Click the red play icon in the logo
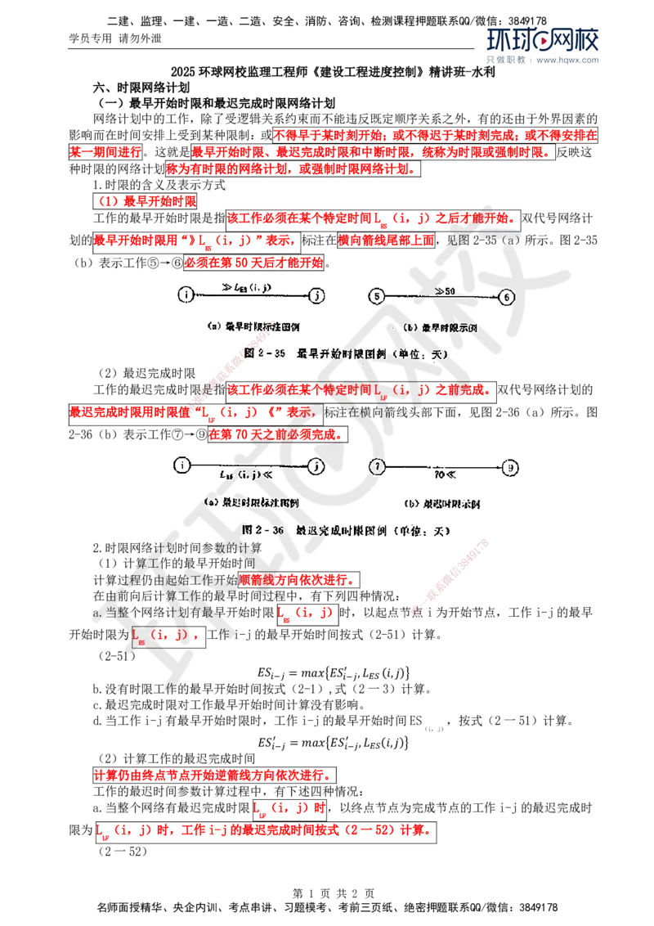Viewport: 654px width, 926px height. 543,42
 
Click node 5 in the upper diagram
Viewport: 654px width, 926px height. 376,296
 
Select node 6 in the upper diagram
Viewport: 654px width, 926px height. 507,296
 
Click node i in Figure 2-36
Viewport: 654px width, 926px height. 181,465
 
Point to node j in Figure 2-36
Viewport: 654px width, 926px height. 316,465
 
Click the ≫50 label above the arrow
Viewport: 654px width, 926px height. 445,290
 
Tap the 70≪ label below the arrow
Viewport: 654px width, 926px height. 445,474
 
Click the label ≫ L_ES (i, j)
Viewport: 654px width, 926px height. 250,287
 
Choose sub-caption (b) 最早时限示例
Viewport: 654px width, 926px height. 441,328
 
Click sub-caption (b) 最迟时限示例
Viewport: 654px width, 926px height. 441,504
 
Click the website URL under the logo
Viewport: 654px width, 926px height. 569,61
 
